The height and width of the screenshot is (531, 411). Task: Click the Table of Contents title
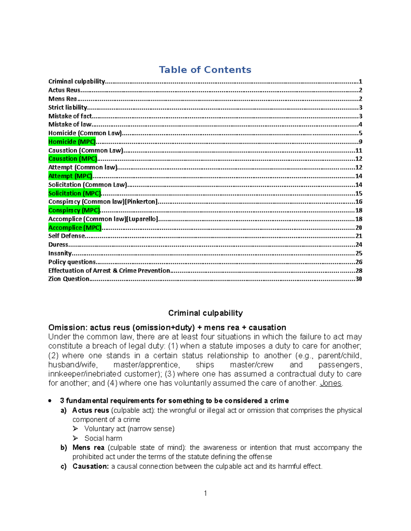pyautogui.click(x=205, y=70)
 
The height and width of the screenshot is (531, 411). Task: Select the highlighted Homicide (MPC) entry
pyautogui.click(x=72, y=142)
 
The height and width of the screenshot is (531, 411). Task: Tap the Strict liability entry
pyautogui.click(x=68, y=107)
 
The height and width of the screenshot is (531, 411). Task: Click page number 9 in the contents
pyautogui.click(x=360, y=142)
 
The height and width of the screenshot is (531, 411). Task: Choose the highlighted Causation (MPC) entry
pyautogui.click(x=73, y=159)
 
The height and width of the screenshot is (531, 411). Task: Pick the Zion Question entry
pyautogui.click(x=68, y=279)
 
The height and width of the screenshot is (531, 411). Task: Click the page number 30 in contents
pyautogui.click(x=359, y=279)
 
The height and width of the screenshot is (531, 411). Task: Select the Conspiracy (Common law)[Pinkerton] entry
pyautogui.click(x=103, y=202)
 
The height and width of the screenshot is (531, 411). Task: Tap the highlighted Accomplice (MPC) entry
pyautogui.click(x=75, y=227)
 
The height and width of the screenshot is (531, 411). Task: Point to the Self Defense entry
pyautogui.click(x=66, y=236)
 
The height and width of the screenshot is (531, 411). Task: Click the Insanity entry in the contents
pyautogui.click(x=60, y=253)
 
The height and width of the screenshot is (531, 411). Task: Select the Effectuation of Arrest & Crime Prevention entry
pyautogui.click(x=109, y=270)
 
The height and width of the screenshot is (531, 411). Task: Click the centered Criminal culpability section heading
pyautogui.click(x=206, y=313)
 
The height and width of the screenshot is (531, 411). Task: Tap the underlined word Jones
pyautogui.click(x=331, y=383)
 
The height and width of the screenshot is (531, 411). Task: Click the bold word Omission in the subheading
pyautogui.click(x=68, y=327)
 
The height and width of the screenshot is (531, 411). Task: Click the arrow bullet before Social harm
pyautogui.click(x=75, y=438)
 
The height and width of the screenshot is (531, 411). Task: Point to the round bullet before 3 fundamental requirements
pyautogui.click(x=50, y=400)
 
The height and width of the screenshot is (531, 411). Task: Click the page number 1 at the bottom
pyautogui.click(x=205, y=493)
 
